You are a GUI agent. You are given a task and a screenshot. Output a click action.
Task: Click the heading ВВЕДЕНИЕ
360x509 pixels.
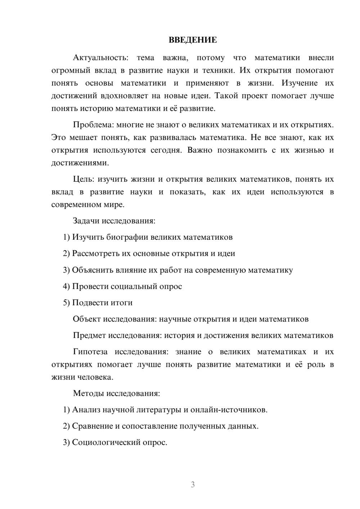193,40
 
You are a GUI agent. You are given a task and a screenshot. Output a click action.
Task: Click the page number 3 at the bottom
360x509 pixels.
193,485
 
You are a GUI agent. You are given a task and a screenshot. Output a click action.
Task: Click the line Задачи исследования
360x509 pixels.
114,221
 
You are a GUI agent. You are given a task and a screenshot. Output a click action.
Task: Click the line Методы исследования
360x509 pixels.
116,393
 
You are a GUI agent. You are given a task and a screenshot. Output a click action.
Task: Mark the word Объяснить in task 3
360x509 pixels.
92,270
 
